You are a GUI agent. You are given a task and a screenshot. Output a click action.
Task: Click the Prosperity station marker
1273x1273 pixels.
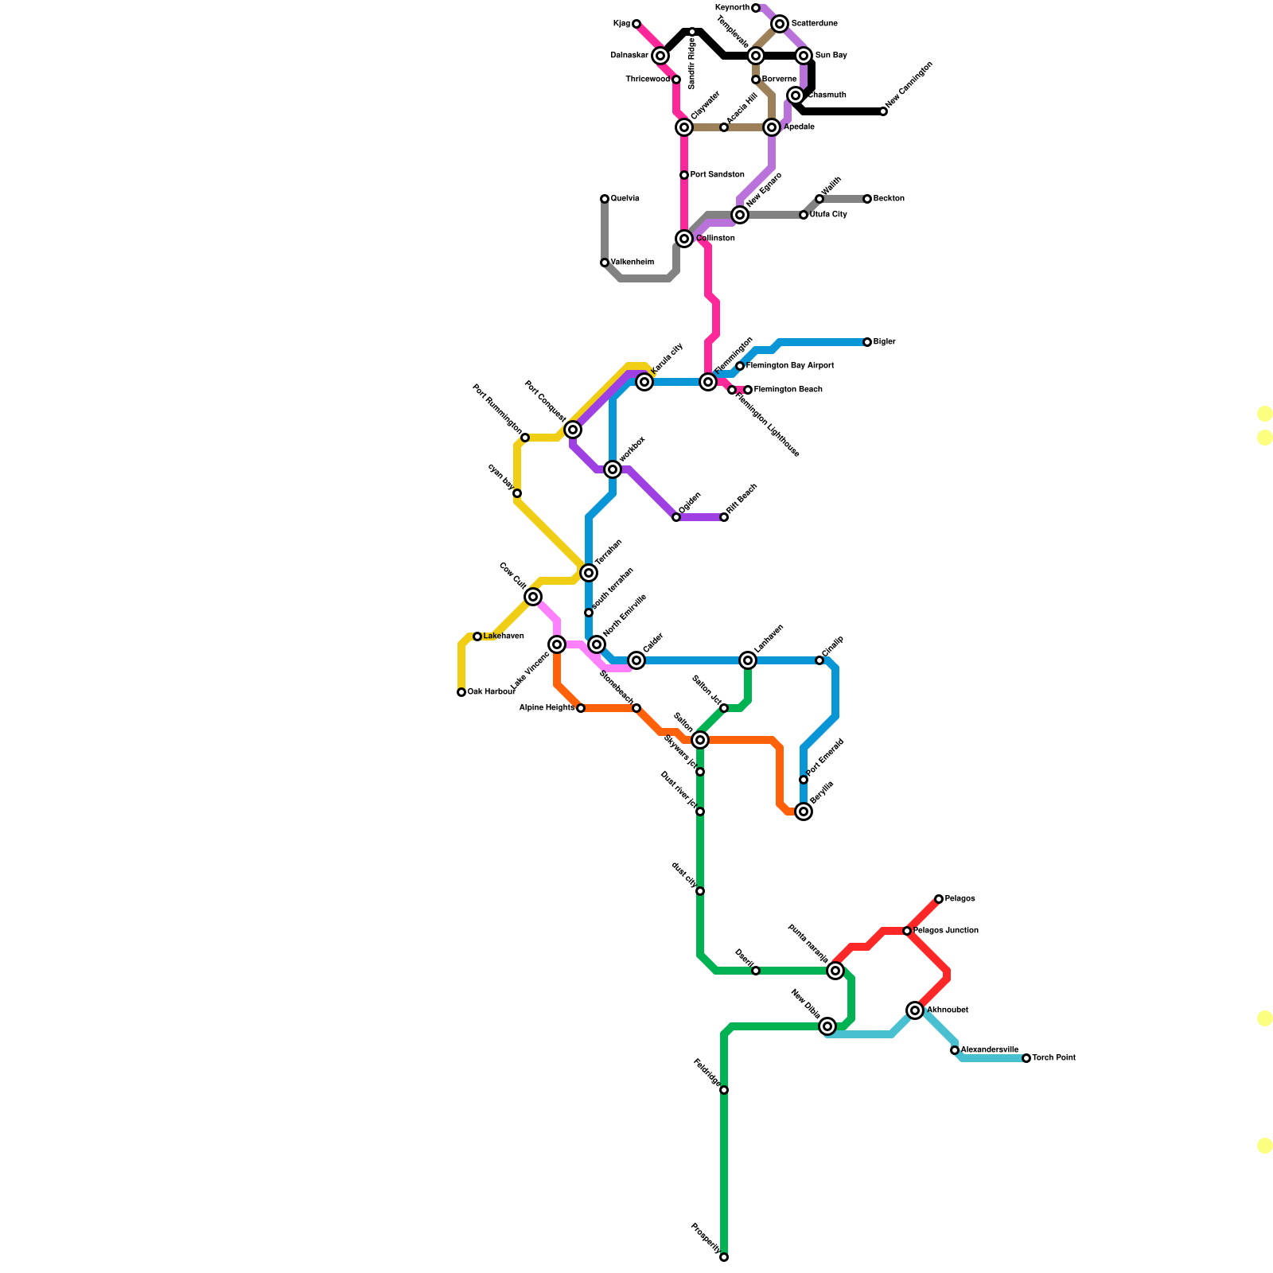tap(724, 1257)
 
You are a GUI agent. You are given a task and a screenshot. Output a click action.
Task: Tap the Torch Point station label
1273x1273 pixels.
tap(1053, 1058)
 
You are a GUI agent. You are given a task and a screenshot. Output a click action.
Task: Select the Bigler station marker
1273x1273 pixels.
tap(867, 342)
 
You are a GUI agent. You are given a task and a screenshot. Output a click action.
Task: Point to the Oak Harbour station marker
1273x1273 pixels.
tap(461, 692)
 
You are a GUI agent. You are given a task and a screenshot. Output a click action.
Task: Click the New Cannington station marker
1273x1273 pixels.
tap(883, 111)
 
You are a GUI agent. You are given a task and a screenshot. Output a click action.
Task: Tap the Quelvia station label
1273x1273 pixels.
tap(625, 199)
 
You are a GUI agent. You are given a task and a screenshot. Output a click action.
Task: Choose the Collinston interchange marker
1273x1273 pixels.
tap(684, 239)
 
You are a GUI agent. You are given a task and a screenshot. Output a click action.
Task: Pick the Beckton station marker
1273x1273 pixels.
tap(867, 199)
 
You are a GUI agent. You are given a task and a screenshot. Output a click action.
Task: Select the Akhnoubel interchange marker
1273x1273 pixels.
tap(915, 1010)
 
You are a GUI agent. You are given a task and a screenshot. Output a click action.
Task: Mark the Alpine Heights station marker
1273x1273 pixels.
tap(581, 708)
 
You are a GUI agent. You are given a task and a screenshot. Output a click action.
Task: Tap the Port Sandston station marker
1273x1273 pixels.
tap(684, 175)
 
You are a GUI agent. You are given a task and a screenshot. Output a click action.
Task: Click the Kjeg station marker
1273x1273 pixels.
tap(636, 24)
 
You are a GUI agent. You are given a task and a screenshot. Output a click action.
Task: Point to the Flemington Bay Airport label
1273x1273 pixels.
tap(789, 366)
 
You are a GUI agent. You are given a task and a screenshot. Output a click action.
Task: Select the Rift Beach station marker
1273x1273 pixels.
tap(724, 517)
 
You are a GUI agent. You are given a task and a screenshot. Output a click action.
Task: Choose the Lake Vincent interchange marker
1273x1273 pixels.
tap(557, 644)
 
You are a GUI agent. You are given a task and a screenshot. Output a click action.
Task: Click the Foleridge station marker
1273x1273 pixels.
tap(724, 1090)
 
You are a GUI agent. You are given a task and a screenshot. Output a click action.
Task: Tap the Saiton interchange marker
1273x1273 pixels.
tap(700, 740)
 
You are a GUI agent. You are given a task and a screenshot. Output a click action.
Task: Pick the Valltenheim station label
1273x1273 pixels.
tap(632, 263)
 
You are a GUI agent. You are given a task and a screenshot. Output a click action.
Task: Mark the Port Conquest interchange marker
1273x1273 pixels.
tap(573, 430)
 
